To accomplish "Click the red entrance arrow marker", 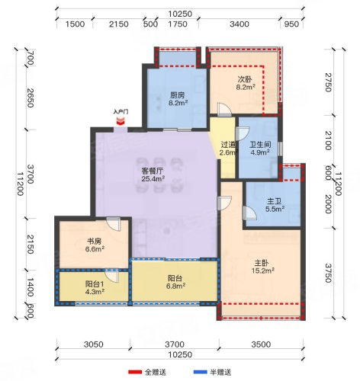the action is [x=121, y=121].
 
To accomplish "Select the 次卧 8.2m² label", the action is [x=246, y=83].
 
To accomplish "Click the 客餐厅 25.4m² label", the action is [x=153, y=174].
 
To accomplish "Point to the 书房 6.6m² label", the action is [x=95, y=245].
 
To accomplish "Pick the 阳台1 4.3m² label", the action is [x=95, y=287].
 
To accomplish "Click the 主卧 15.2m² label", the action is [x=262, y=267].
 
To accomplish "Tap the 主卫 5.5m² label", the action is [x=275, y=205].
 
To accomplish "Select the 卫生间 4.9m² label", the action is [x=260, y=149].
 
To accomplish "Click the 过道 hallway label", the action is [x=228, y=145].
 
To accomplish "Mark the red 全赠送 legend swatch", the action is [x=135, y=372].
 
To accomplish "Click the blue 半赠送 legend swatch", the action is [x=201, y=372].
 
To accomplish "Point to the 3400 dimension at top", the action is [x=239, y=24].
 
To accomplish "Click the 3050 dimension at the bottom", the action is [x=94, y=344].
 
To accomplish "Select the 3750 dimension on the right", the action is [x=328, y=273].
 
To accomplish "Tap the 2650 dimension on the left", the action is [x=31, y=98].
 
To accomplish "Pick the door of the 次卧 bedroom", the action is [x=224, y=110].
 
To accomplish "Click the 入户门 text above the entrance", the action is [x=121, y=112].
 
